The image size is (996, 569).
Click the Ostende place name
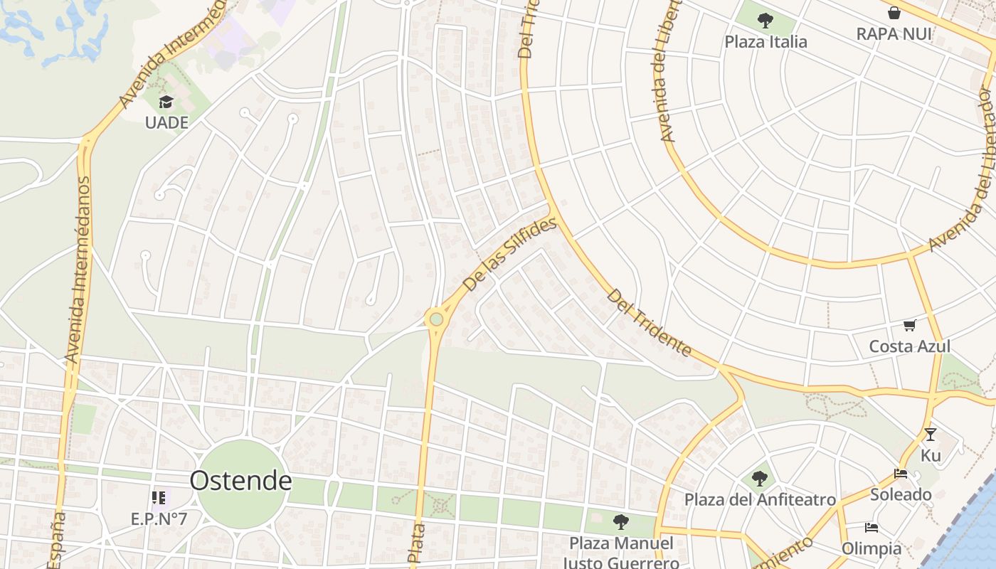click(240, 481)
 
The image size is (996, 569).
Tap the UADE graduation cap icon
click(166, 103)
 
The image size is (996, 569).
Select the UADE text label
click(166, 122)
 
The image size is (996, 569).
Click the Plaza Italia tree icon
click(765, 21)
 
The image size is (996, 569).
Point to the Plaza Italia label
click(765, 42)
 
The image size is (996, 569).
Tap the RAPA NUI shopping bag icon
click(894, 13)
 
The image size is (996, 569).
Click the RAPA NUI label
click(894, 33)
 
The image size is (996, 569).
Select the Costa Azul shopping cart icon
click(909, 326)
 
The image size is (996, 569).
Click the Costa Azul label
click(909, 346)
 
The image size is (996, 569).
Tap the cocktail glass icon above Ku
click(930, 435)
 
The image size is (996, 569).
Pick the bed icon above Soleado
click(901, 474)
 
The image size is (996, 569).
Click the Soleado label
click(901, 494)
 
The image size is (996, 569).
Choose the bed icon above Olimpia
click(871, 528)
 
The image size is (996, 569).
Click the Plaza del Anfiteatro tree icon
click(760, 479)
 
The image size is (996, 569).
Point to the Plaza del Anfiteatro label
click(760, 499)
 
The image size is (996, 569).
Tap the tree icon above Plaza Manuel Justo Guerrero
click(621, 522)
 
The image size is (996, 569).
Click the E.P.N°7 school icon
click(158, 497)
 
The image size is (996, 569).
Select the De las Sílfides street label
click(509, 255)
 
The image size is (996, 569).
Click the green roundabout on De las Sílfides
click(436, 320)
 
